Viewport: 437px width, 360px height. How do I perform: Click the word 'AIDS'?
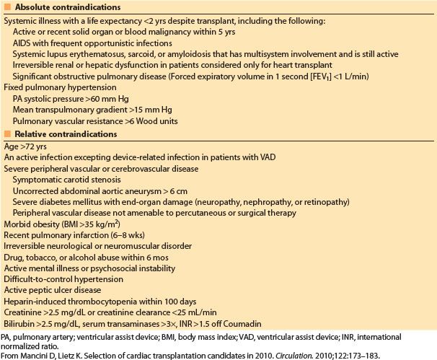(24, 43)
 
